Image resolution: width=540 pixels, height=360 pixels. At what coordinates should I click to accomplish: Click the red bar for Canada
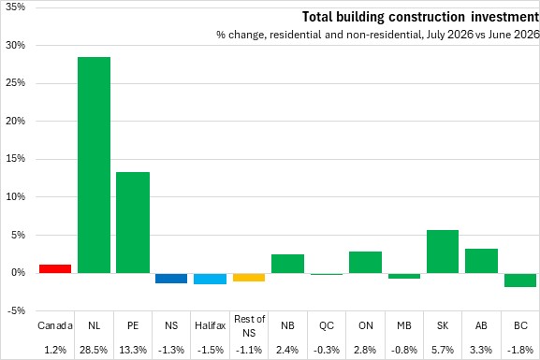(x=55, y=268)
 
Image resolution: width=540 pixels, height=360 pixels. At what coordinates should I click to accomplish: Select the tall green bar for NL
(x=94, y=166)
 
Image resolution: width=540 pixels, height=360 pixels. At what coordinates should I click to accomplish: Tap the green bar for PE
(x=133, y=223)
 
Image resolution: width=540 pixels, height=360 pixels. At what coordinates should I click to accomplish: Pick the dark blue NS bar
(x=171, y=279)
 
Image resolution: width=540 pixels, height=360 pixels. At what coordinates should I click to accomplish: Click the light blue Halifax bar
(x=210, y=279)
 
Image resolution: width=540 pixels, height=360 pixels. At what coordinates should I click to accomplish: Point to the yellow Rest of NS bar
(x=249, y=278)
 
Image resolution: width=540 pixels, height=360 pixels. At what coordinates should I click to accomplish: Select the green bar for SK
(x=443, y=252)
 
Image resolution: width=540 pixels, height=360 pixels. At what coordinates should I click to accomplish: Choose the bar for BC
(x=520, y=281)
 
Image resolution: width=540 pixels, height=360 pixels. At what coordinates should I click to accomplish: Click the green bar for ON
(x=365, y=262)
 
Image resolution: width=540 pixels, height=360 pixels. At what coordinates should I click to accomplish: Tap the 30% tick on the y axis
(x=15, y=45)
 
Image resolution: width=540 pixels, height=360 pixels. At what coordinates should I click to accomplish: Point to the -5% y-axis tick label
(x=15, y=310)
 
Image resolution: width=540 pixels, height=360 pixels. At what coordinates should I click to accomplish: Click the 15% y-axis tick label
(x=15, y=159)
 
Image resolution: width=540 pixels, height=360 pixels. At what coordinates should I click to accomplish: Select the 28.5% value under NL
(x=94, y=350)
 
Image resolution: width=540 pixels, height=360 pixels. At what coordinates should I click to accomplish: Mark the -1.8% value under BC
(x=520, y=350)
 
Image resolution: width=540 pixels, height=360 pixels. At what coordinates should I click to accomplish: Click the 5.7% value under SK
(x=443, y=350)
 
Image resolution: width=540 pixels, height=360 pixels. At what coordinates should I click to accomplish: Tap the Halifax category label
(x=210, y=325)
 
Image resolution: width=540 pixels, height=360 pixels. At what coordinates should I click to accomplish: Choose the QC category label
(x=327, y=325)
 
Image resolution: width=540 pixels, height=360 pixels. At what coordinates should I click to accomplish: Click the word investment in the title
(x=504, y=17)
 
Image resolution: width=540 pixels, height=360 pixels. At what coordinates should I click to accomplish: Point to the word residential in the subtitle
(x=296, y=35)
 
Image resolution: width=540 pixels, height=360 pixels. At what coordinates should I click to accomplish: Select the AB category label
(x=481, y=325)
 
